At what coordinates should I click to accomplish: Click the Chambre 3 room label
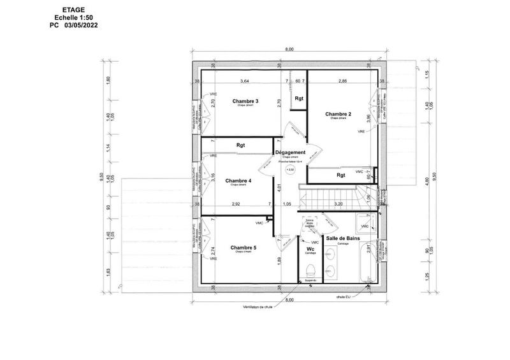click(x=245, y=101)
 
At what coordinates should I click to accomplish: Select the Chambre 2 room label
click(x=339, y=114)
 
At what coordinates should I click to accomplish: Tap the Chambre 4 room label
click(x=238, y=180)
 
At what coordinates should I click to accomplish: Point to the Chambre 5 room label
click(x=244, y=248)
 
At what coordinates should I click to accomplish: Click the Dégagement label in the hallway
click(x=290, y=152)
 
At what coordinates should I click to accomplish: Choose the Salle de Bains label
click(x=344, y=238)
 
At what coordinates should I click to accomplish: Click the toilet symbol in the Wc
click(x=311, y=268)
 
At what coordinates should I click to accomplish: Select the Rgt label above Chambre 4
click(x=240, y=145)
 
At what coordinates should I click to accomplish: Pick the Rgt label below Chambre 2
click(x=340, y=175)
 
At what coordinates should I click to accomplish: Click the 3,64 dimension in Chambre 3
click(x=244, y=82)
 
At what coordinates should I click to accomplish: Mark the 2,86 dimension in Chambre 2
click(x=342, y=82)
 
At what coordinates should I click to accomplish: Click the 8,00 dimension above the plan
click(x=289, y=49)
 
